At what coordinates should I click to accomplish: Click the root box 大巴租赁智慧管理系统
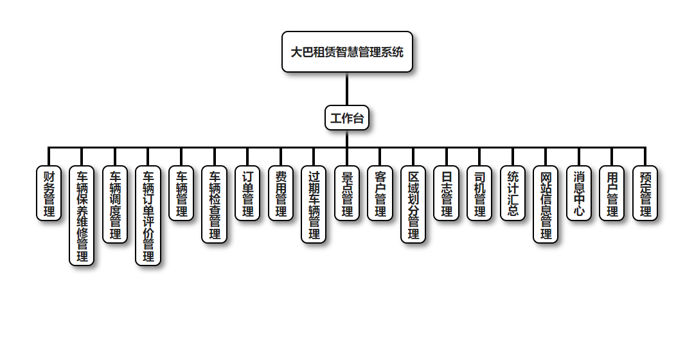tap(347, 52)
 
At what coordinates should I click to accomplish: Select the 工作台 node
tap(347, 118)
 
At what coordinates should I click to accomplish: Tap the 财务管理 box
tap(49, 194)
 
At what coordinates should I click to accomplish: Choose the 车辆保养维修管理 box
tap(82, 216)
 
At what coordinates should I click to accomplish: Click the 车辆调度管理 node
tap(115, 204)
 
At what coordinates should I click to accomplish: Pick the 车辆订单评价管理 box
tap(148, 216)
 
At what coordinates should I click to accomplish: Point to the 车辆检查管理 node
tap(215, 204)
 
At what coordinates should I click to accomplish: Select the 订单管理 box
tap(247, 194)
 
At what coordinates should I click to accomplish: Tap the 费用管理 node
tap(281, 194)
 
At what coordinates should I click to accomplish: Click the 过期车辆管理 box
tap(314, 204)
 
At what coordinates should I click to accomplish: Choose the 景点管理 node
tap(347, 194)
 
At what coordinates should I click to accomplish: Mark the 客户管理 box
tap(380, 194)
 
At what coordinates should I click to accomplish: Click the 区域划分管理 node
tap(413, 204)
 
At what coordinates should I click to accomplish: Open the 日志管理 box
tap(447, 194)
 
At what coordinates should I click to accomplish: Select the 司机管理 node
tap(479, 194)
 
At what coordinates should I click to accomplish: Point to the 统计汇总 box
tap(513, 194)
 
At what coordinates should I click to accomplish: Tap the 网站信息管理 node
tap(546, 204)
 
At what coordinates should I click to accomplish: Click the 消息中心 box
tap(579, 194)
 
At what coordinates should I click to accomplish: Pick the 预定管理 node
tap(645, 194)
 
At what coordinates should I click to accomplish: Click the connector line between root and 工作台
tap(347, 89)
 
